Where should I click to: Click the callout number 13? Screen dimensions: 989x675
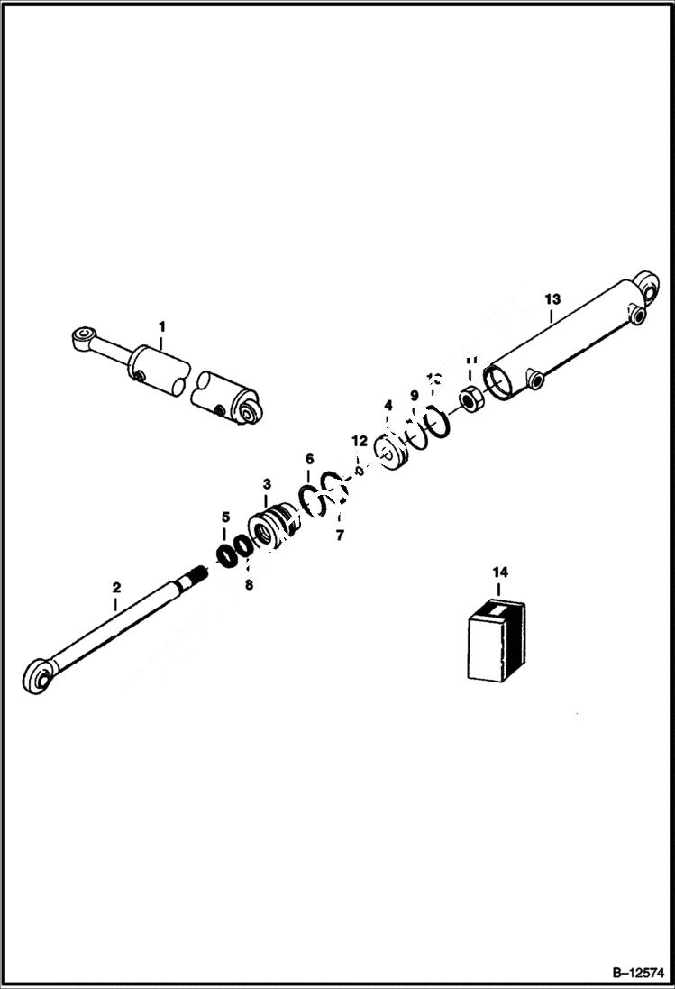(x=552, y=298)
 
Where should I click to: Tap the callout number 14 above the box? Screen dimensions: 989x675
(x=500, y=572)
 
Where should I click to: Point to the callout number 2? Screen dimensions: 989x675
(x=116, y=588)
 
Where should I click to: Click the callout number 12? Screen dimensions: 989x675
(x=360, y=441)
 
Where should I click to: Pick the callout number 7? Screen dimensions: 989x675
(x=340, y=536)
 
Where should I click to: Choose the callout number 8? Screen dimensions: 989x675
(x=250, y=584)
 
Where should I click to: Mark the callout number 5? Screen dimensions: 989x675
(x=225, y=517)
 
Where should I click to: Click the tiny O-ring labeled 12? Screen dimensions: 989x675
(x=359, y=470)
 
